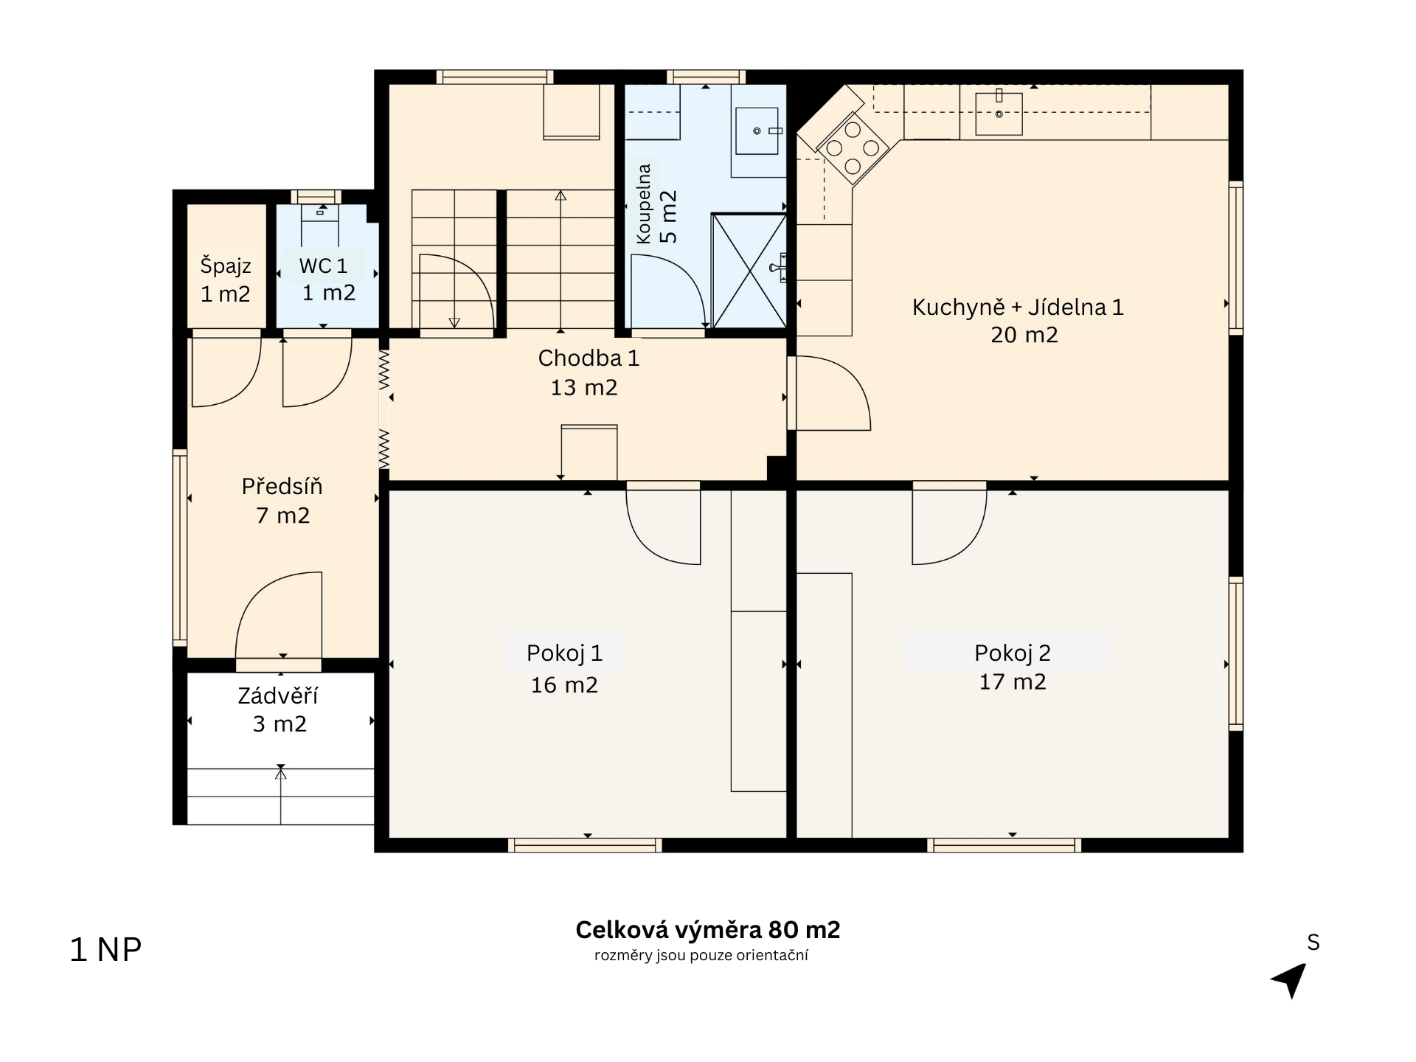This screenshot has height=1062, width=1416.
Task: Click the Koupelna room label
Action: [x=644, y=204]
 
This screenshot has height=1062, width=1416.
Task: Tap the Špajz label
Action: [x=226, y=266]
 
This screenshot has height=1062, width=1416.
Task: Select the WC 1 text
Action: [x=323, y=265]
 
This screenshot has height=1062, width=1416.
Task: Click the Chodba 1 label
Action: [x=589, y=358]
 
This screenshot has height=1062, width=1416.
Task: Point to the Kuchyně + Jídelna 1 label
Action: [x=1018, y=307]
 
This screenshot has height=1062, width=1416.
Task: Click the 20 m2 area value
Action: [x=1024, y=335]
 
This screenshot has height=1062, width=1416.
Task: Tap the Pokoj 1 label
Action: [x=565, y=653]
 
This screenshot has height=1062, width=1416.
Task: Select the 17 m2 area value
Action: [x=1013, y=681]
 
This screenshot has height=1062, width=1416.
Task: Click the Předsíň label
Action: [x=282, y=486]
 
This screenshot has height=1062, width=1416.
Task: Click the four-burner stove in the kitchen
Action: [x=853, y=148]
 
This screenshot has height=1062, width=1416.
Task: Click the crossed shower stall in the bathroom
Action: [x=749, y=271]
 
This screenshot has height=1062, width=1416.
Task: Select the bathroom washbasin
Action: [x=757, y=131]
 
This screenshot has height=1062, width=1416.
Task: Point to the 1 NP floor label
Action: [x=105, y=950]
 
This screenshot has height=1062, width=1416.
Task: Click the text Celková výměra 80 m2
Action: [x=708, y=930]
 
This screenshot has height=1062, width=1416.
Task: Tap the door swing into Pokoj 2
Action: [x=949, y=525]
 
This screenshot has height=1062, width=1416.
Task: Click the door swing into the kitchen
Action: [x=831, y=393]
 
